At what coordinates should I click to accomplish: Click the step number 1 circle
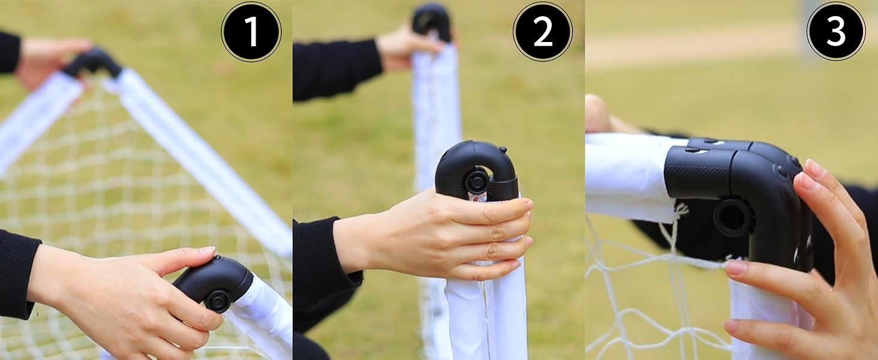point(251,32)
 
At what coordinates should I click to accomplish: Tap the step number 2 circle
point(543,32)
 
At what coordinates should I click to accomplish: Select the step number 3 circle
point(836,32)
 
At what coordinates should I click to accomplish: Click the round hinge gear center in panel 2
point(476,182)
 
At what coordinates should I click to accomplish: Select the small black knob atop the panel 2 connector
point(503,150)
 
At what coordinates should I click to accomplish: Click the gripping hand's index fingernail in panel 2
point(528,205)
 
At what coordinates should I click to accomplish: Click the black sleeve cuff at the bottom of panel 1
point(17,275)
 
